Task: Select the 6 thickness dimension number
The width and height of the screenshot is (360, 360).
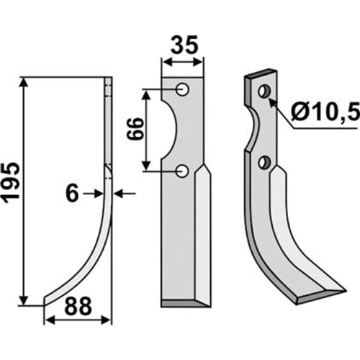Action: (72, 194)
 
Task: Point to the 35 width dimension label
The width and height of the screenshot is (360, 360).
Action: (184, 45)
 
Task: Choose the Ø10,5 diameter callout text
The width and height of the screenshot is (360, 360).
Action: (325, 111)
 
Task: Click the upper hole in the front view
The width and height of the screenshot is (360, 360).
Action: (182, 89)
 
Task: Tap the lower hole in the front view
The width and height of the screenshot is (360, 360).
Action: (182, 171)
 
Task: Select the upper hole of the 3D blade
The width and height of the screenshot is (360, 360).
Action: (264, 91)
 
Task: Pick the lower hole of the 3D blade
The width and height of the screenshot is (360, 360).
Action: (264, 162)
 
